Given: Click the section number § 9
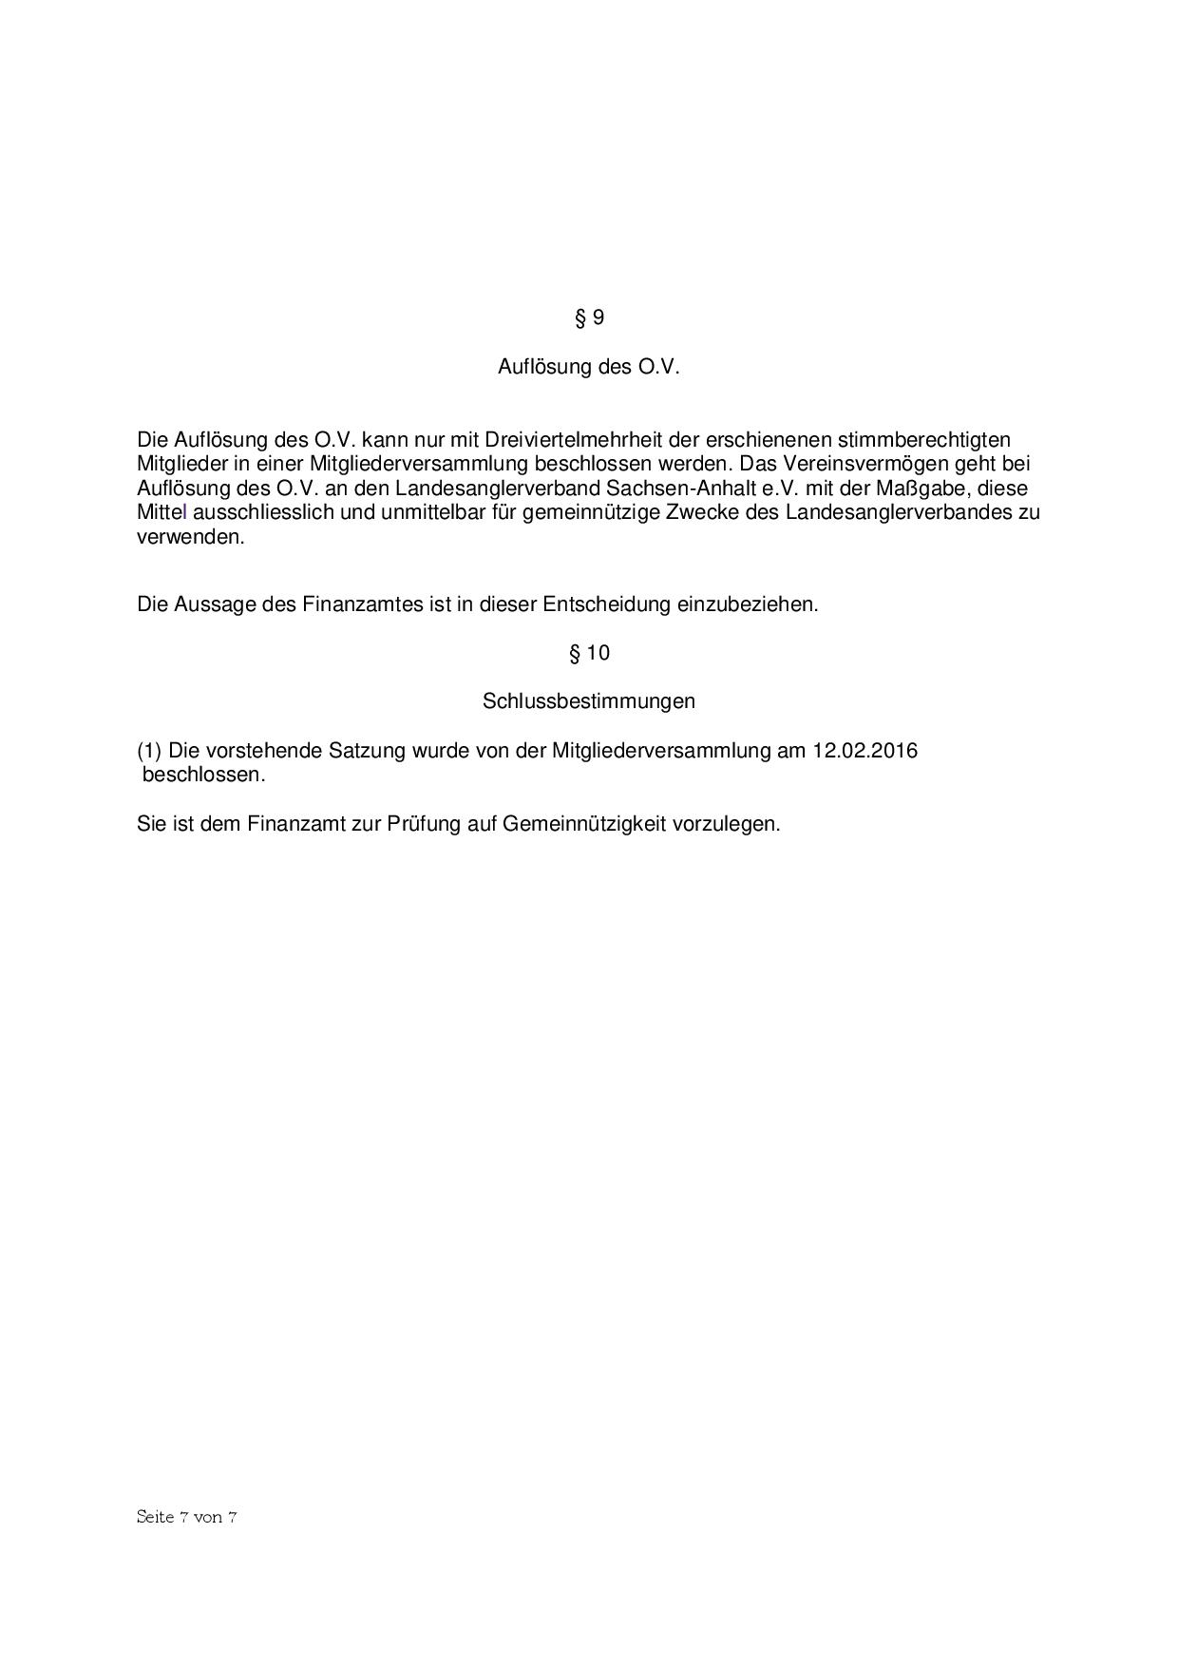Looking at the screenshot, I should click(589, 317).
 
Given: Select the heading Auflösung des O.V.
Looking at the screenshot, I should click(589, 367).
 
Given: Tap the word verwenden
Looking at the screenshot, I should click(190, 536).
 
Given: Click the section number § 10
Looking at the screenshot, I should click(589, 653).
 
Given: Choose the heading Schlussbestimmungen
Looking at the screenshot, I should click(589, 701).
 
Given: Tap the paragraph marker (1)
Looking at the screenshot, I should click(150, 751).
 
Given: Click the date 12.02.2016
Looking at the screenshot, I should click(864, 751).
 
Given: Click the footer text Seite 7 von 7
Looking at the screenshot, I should click(186, 1517).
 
